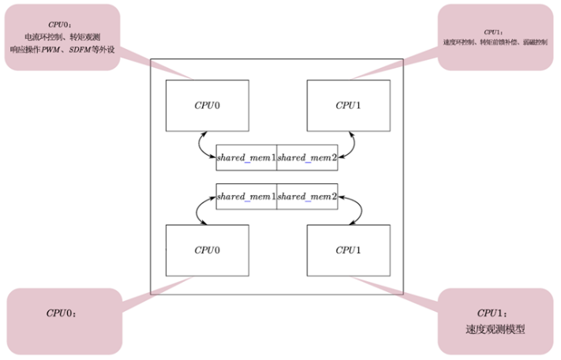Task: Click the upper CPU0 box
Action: pyautogui.click(x=207, y=105)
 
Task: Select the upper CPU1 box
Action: pyautogui.click(x=349, y=105)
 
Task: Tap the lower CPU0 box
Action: pyautogui.click(x=207, y=250)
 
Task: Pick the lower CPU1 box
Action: pyautogui.click(x=349, y=250)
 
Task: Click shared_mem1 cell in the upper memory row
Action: pyautogui.click(x=246, y=158)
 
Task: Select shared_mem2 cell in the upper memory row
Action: pyautogui.click(x=307, y=158)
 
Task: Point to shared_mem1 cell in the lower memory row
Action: pyautogui.click(x=246, y=197)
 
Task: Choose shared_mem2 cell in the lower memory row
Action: pyautogui.click(x=307, y=197)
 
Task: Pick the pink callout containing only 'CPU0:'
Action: pyautogui.click(x=63, y=316)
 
